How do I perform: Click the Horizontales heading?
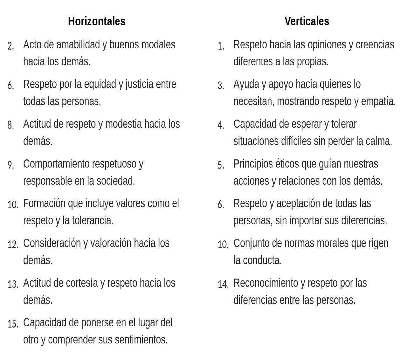click(97, 21)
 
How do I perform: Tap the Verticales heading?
click(307, 21)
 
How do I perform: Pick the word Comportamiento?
click(56, 164)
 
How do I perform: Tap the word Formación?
click(44, 204)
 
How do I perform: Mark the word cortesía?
click(82, 283)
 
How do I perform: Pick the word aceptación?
click(298, 204)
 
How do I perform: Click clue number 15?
click(13, 324)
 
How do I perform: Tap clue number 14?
click(223, 284)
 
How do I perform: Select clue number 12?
click(13, 245)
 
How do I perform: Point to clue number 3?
click(221, 86)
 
